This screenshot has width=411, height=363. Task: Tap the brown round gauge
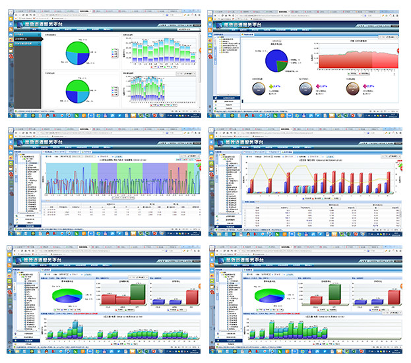tap(353, 88)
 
